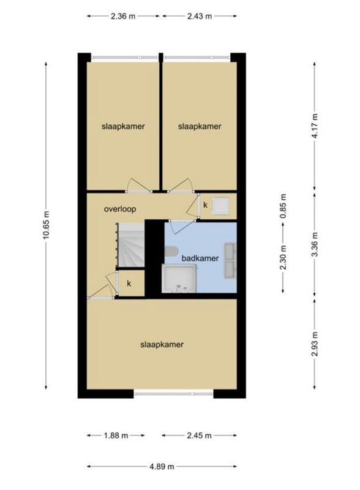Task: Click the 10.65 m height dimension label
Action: point(46,225)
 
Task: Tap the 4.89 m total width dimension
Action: point(162,467)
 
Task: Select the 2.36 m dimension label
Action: point(123,17)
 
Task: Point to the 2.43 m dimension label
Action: point(200,17)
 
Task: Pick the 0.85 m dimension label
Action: point(283,206)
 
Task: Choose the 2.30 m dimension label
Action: point(283,257)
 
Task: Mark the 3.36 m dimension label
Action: point(315,244)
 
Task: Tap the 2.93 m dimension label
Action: point(315,344)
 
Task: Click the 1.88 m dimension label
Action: point(116,435)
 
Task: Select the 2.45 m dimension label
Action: point(200,435)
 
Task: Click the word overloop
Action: point(120,209)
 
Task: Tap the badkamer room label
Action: point(200,258)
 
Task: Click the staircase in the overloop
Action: point(130,244)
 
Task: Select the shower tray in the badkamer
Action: point(179,279)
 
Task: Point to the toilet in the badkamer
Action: point(171,251)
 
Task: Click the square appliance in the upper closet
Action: point(221,206)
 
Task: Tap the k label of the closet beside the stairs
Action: point(129,284)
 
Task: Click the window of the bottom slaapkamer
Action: point(173,393)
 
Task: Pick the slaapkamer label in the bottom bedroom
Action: point(162,345)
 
